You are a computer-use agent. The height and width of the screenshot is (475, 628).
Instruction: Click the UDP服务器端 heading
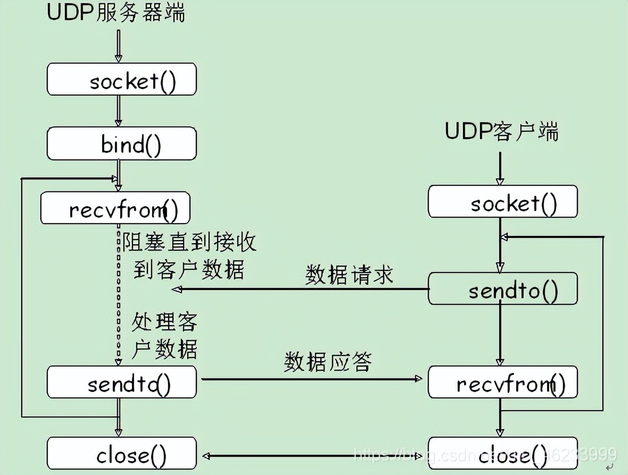(116, 13)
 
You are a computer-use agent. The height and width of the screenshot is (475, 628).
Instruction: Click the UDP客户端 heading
(501, 131)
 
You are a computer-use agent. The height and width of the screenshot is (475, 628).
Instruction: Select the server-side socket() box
(121, 80)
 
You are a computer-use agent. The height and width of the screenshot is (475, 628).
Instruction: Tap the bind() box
(121, 143)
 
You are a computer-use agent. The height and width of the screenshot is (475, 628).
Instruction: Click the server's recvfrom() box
(115, 208)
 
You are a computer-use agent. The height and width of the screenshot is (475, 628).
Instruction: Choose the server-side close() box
(121, 453)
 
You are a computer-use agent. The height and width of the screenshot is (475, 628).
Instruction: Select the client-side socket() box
(502, 201)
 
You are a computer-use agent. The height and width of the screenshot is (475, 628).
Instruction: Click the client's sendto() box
(502, 289)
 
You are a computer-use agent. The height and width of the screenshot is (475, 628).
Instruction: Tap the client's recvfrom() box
(502, 382)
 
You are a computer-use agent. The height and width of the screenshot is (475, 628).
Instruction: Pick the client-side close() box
(502, 453)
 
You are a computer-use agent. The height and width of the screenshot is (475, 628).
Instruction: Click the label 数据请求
(349, 275)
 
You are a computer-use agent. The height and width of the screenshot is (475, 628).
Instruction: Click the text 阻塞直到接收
(189, 242)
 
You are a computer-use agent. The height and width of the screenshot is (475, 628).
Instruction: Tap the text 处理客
(164, 322)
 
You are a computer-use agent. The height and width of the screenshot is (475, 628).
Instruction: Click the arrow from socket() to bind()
(119, 111)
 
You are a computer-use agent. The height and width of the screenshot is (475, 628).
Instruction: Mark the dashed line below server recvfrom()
(119, 292)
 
